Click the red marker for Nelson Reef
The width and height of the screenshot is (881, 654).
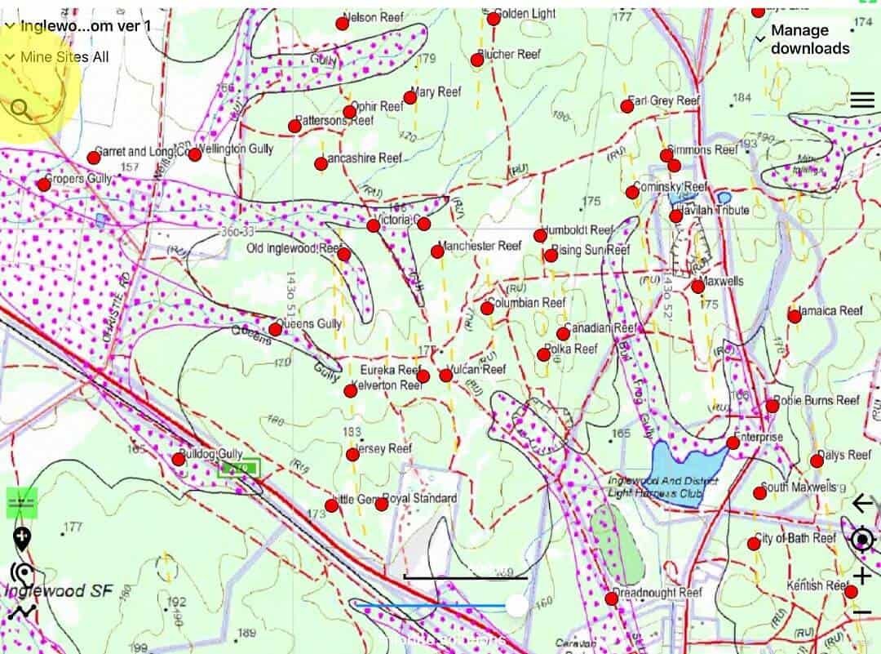click(343, 24)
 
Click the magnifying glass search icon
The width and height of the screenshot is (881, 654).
click(22, 109)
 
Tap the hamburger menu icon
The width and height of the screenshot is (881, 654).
click(861, 100)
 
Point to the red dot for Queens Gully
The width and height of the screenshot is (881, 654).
click(276, 330)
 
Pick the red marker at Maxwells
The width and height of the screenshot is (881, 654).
click(697, 287)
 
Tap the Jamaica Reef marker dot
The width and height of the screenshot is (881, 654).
click(795, 316)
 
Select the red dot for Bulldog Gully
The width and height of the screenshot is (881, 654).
click(179, 459)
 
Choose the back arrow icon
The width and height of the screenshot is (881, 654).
click(862, 504)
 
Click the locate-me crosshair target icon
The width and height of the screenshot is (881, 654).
click(862, 540)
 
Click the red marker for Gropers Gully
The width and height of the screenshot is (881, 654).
click(44, 185)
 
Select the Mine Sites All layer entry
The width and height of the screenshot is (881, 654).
click(64, 57)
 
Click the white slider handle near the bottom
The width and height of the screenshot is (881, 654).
click(516, 605)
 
